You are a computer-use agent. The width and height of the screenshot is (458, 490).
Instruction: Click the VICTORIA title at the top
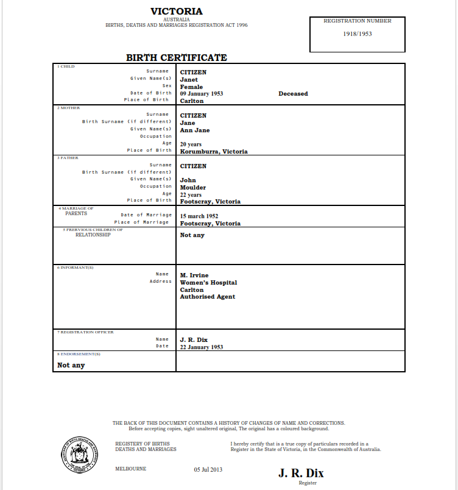click(177, 12)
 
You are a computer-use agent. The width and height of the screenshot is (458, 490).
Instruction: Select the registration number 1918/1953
click(358, 34)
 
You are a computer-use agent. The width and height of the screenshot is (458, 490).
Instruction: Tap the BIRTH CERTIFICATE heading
click(177, 58)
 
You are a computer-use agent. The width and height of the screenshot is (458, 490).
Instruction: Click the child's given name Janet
click(189, 80)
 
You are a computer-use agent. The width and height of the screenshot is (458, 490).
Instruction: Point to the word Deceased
click(293, 94)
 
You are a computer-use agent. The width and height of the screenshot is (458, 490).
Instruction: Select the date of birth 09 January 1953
click(202, 94)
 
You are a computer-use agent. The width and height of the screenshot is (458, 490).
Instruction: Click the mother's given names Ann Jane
click(195, 130)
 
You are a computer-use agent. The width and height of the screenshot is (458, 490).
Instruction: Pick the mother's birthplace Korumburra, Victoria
click(214, 151)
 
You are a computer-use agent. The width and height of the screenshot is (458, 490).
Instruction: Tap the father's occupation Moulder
click(193, 188)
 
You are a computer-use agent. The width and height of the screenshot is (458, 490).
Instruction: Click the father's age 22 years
click(191, 195)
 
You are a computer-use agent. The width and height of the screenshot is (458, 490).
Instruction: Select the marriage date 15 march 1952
click(199, 216)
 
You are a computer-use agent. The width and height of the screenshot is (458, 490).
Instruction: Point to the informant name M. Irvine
click(194, 275)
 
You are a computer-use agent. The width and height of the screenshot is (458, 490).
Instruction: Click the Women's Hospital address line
click(208, 283)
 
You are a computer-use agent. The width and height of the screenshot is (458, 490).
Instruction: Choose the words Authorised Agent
click(208, 297)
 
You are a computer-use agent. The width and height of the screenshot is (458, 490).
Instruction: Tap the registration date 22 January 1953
click(202, 347)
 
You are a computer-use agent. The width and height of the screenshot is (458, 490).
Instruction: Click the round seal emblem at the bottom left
click(80, 453)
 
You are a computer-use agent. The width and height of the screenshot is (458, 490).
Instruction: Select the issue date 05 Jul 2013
click(209, 469)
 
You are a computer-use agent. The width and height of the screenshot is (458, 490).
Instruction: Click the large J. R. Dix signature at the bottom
click(301, 474)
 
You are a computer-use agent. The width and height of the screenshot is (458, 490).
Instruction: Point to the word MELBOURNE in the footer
click(130, 469)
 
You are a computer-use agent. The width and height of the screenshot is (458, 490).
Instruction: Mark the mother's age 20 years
click(191, 144)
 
